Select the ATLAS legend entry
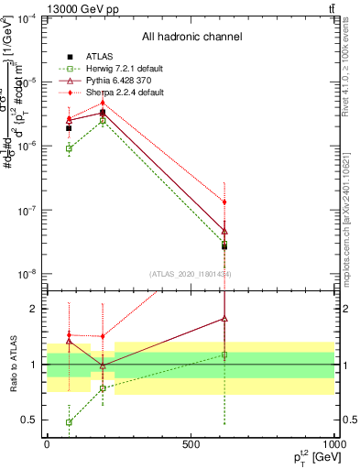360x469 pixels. tap(101, 56)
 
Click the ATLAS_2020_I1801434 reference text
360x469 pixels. tap(191, 273)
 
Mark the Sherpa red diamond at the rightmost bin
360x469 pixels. tap(224, 202)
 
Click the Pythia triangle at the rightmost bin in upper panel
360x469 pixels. tap(224, 231)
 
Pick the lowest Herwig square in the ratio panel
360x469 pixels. tap(70, 422)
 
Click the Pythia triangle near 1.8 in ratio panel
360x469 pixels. tap(224, 319)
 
